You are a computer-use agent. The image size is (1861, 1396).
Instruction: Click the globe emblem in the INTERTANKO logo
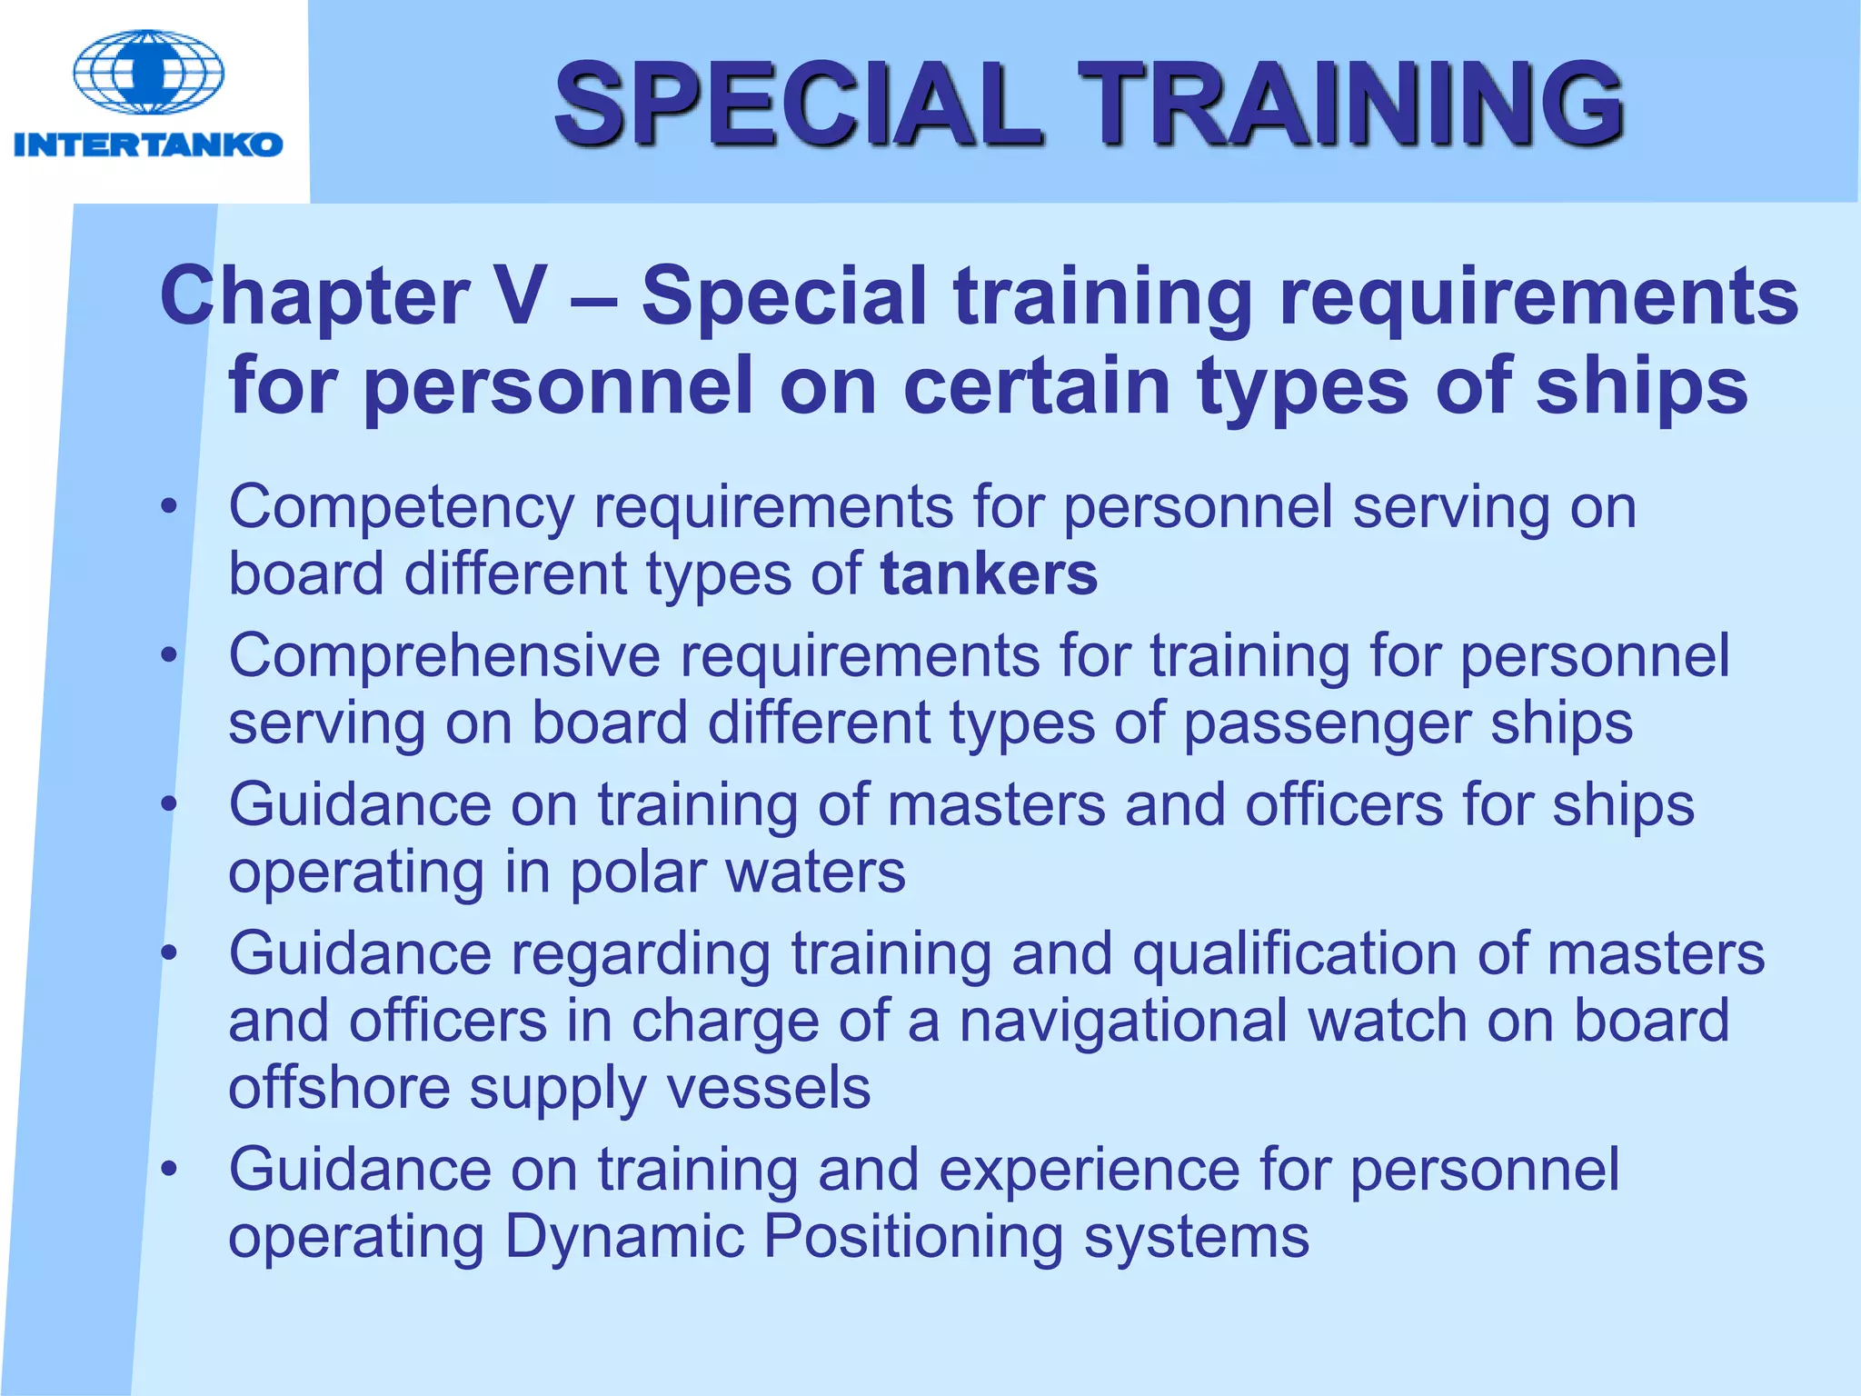148,73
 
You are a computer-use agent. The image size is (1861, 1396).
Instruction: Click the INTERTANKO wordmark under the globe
148,145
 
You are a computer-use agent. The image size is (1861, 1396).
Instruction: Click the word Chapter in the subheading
314,297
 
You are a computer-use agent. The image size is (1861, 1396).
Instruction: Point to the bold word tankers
989,574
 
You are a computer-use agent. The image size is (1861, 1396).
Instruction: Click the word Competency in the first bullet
401,508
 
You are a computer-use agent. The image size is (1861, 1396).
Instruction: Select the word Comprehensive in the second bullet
444,655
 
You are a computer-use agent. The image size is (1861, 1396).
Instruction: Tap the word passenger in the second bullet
1327,724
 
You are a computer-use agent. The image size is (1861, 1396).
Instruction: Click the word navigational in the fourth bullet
1123,1021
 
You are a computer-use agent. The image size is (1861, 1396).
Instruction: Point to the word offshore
339,1088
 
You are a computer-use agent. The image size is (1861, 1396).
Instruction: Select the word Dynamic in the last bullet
624,1237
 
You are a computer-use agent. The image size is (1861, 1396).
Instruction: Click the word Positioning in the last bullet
913,1237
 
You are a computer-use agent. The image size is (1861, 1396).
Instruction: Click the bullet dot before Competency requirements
168,507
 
